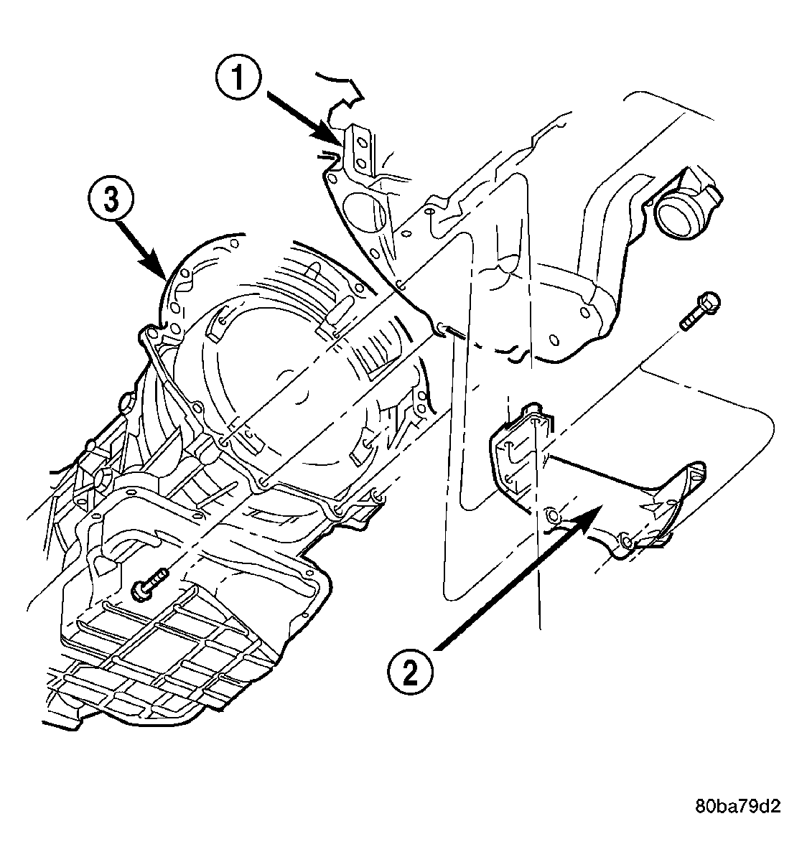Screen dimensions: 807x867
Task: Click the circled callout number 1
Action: click(238, 78)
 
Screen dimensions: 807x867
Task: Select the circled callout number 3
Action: click(111, 200)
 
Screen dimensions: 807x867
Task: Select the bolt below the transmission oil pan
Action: click(149, 584)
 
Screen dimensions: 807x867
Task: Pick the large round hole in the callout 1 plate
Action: click(365, 214)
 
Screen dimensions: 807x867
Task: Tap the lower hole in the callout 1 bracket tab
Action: click(361, 162)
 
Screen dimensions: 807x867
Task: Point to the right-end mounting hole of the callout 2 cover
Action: click(626, 543)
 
